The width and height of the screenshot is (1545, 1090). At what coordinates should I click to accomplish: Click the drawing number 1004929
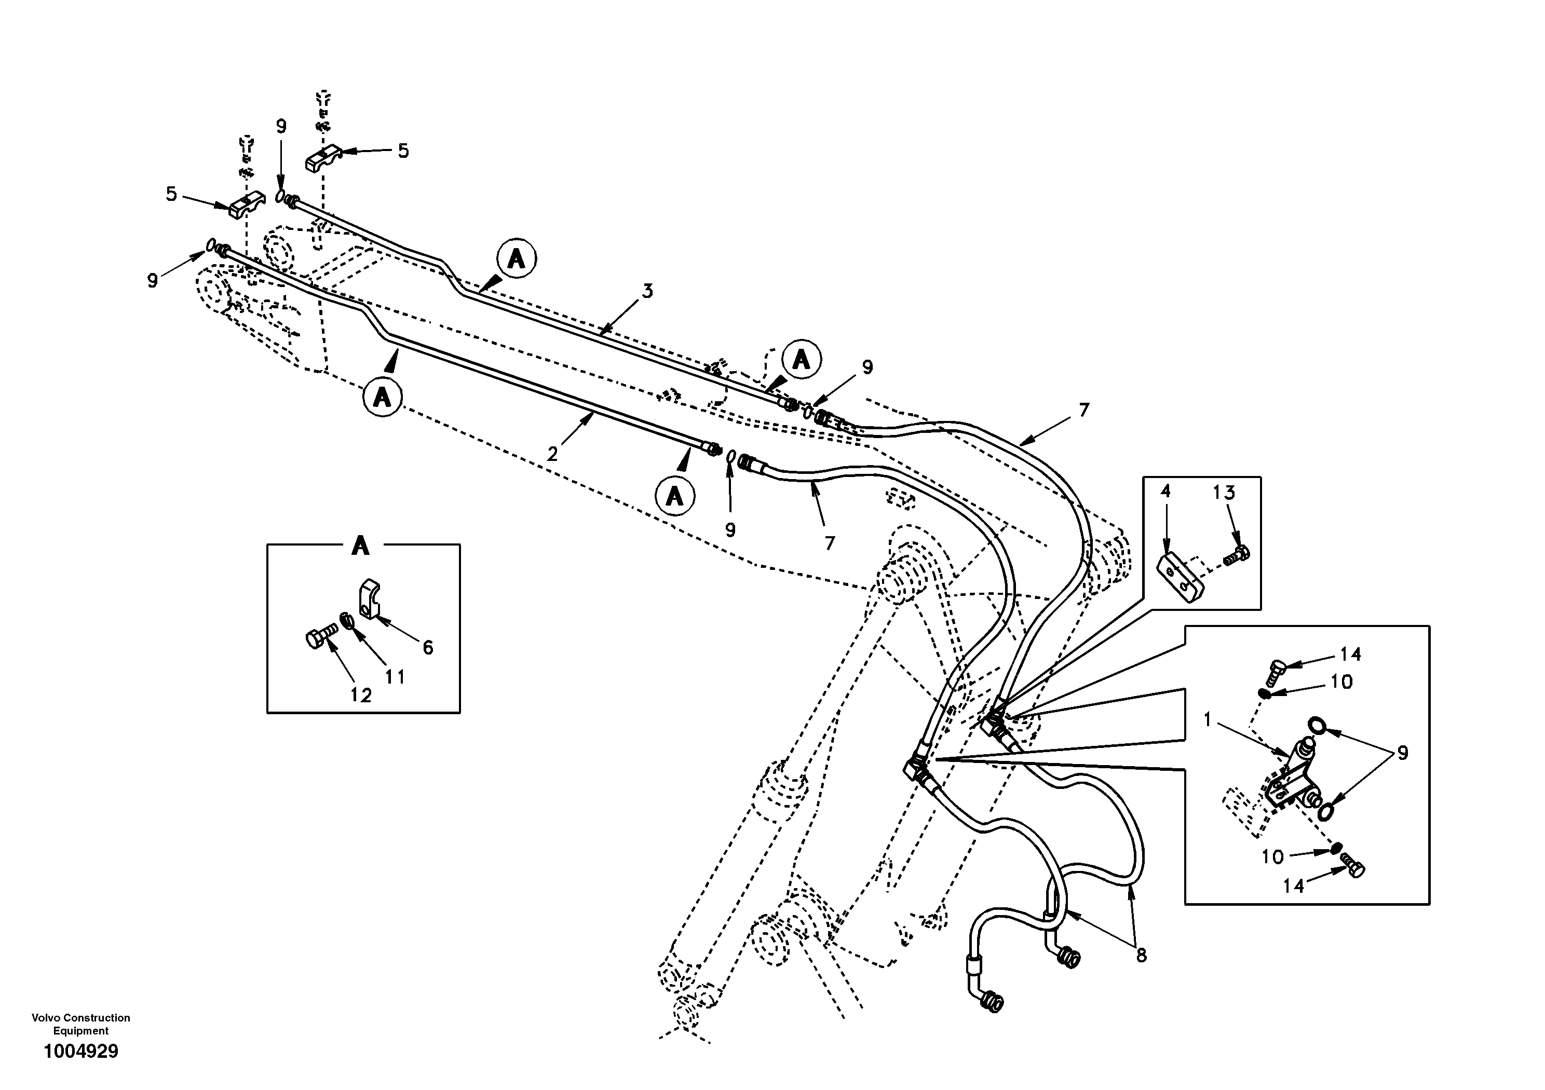pyautogui.click(x=81, y=1051)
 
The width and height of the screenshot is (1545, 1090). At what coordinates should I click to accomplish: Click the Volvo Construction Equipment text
pyautogui.click(x=81, y=1024)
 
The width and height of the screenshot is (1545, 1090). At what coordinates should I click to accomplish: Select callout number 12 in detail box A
pyautogui.click(x=361, y=696)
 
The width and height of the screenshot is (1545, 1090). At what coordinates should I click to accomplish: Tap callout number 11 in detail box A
pyautogui.click(x=395, y=676)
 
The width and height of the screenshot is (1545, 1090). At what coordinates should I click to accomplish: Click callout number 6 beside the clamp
pyautogui.click(x=427, y=647)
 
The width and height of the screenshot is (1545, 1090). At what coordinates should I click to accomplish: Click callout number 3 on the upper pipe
pyautogui.click(x=647, y=291)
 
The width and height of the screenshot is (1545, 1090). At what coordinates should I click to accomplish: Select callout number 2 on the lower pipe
pyautogui.click(x=552, y=454)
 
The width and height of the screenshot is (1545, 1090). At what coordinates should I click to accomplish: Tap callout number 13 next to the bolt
pyautogui.click(x=1224, y=493)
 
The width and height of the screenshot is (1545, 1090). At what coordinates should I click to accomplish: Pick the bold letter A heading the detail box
pyautogui.click(x=361, y=546)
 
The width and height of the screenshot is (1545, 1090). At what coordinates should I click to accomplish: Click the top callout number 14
pyautogui.click(x=1350, y=654)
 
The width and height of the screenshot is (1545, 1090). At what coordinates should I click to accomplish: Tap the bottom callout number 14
pyautogui.click(x=1293, y=886)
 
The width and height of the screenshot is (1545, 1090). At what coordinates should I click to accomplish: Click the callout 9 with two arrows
pyautogui.click(x=1402, y=753)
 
